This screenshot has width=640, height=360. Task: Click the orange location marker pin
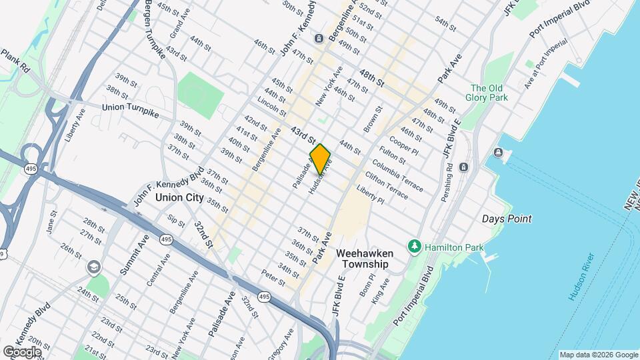[x=320, y=159]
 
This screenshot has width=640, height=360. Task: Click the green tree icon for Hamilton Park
[x=415, y=247]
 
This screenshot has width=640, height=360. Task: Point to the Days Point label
[x=506, y=219]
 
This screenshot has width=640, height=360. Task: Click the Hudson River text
[x=581, y=276]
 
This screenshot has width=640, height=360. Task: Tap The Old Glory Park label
[x=489, y=93]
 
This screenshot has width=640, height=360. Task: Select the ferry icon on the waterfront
[x=499, y=153]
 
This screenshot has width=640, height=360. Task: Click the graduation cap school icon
[x=93, y=267]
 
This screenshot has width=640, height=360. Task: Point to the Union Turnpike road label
[x=131, y=110]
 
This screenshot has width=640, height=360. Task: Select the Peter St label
[x=273, y=273]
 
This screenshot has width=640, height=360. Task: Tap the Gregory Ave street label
[x=284, y=341]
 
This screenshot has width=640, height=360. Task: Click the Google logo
[x=22, y=351]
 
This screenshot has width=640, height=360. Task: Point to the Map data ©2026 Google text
[x=598, y=355]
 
